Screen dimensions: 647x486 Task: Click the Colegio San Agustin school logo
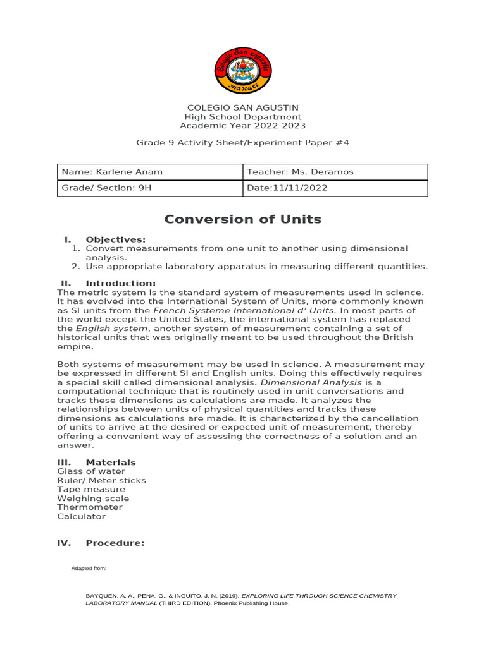(243, 71)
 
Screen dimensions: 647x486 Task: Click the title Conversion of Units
(243, 220)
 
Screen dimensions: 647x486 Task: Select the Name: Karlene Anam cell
(150, 172)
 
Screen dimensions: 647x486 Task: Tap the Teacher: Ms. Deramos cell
(335, 172)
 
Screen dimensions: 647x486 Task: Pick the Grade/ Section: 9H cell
(150, 188)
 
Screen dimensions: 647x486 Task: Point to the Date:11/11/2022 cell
(335, 188)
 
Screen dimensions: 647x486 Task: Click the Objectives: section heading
(115, 239)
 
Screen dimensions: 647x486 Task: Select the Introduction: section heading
(120, 283)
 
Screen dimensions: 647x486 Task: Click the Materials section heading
(111, 463)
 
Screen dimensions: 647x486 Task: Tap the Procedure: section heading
(115, 543)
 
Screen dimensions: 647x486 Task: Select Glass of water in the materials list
(91, 471)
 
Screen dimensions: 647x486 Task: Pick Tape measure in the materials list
(91, 489)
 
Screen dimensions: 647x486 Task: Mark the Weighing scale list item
(93, 499)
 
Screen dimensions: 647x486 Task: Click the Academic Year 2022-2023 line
(243, 126)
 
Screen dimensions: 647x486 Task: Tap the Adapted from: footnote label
(89, 569)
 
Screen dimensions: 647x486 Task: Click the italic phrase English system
(112, 329)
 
